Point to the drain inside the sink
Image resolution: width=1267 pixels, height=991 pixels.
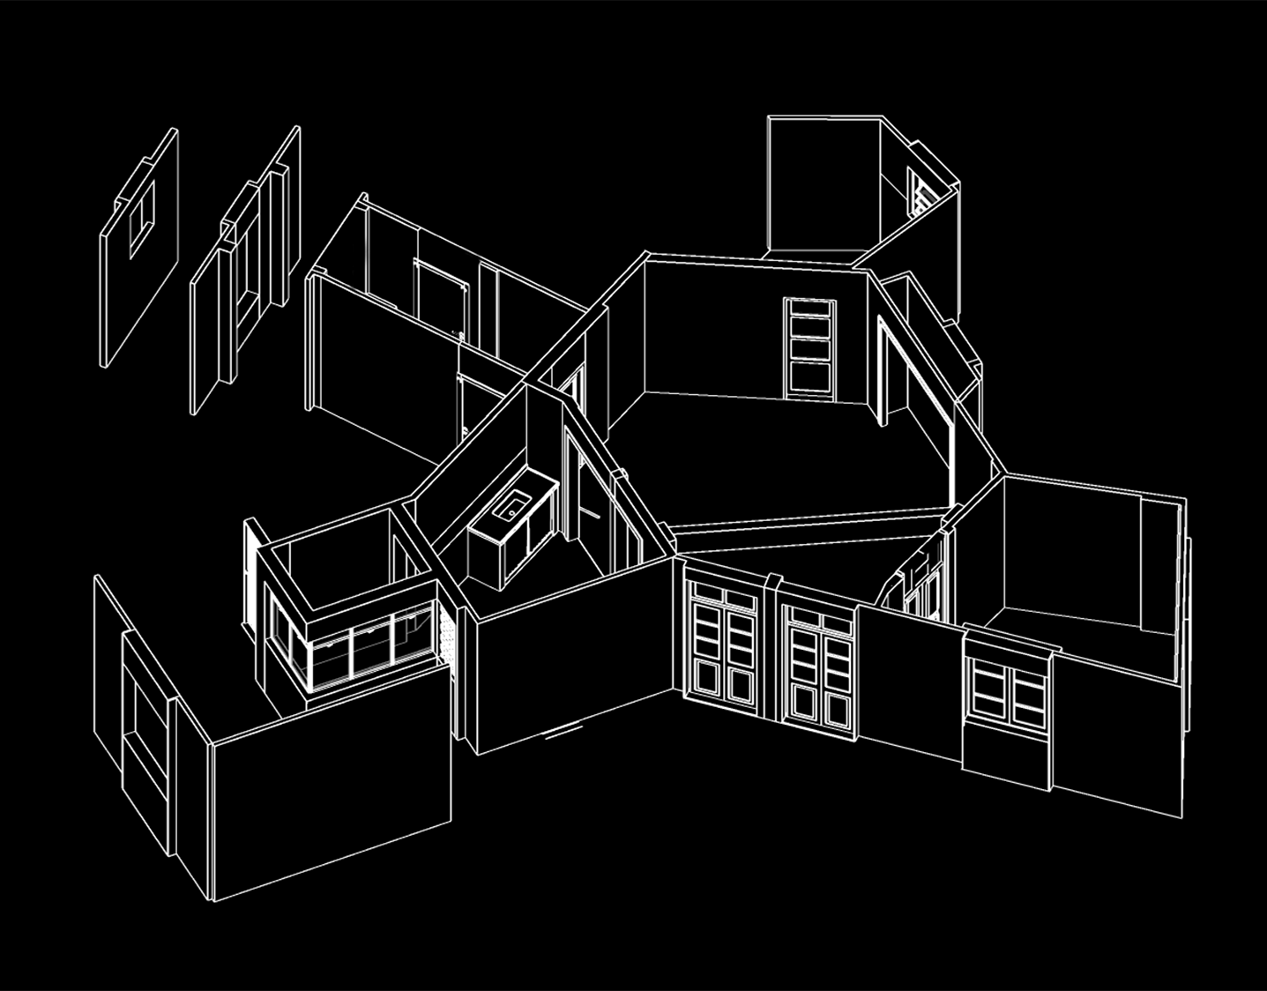pyautogui.click(x=511, y=511)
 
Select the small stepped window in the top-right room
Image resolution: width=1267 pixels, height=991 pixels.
pyautogui.click(x=918, y=193)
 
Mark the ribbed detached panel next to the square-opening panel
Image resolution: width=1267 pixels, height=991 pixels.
pyautogui.click(x=247, y=269)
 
